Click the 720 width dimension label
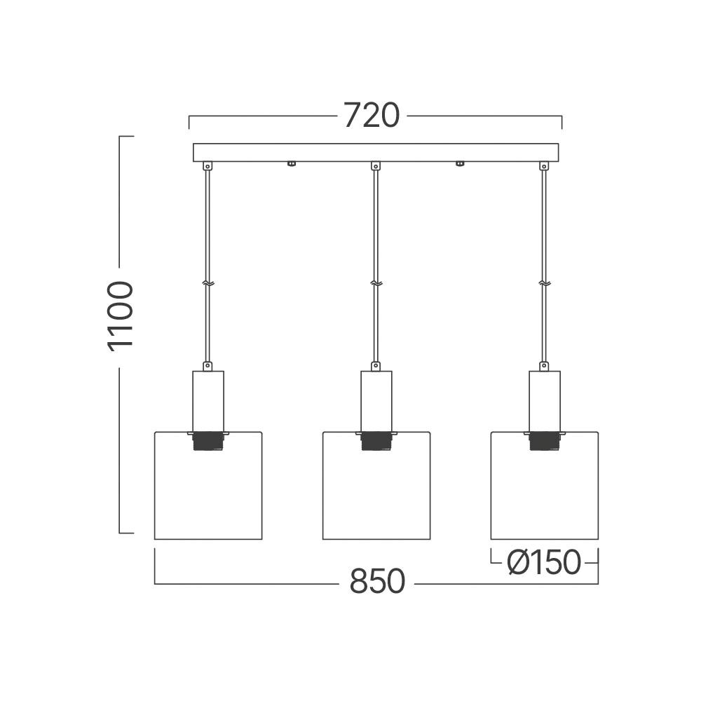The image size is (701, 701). tap(371, 116)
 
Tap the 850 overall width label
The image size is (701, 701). tap(377, 582)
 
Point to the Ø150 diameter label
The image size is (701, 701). tap(545, 562)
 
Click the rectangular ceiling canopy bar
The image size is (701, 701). tap(376, 152)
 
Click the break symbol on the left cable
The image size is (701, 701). tap(207, 283)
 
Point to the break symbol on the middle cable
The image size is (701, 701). tap(376, 283)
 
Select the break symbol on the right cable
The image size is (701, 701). tap(544, 283)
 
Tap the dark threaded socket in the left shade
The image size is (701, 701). tap(208, 441)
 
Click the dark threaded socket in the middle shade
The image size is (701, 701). tap(376, 441)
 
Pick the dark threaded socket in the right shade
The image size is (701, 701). tap(545, 441)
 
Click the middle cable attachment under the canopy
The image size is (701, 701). tap(376, 166)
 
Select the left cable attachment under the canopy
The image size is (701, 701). tap(207, 166)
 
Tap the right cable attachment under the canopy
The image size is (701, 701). tap(543, 166)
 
